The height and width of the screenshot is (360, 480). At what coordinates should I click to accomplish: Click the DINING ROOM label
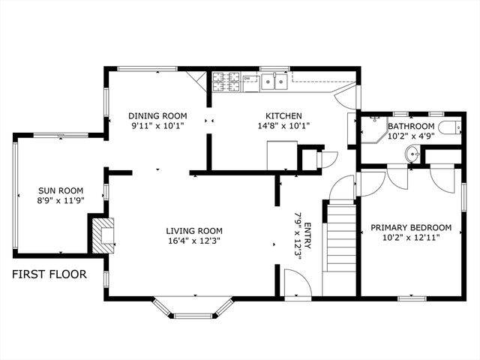tap(157, 115)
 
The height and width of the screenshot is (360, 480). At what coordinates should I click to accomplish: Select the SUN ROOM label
tap(61, 190)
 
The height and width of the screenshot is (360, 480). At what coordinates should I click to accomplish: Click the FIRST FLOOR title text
tap(49, 274)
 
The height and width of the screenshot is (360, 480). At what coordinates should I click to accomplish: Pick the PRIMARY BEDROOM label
tap(411, 227)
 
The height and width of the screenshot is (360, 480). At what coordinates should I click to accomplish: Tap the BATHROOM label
tap(411, 126)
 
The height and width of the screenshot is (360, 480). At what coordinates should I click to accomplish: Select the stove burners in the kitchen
tap(226, 80)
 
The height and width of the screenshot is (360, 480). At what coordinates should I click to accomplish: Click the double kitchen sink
tap(275, 81)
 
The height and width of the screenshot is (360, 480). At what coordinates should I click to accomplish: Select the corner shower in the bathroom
tap(372, 132)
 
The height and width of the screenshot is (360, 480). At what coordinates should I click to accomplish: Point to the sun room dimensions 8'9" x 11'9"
tap(61, 202)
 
